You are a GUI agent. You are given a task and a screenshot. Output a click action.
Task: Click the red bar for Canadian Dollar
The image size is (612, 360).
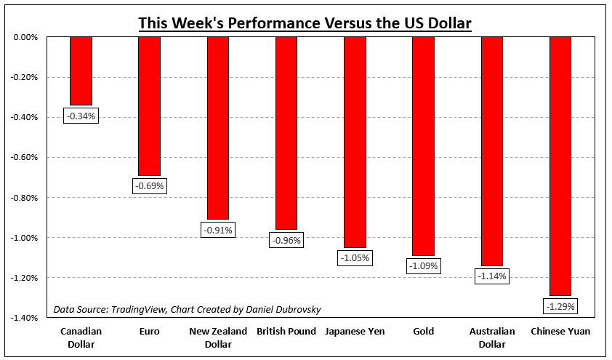pyautogui.click(x=81, y=71)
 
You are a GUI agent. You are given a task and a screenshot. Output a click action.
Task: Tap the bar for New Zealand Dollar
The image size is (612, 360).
pyautogui.click(x=218, y=127)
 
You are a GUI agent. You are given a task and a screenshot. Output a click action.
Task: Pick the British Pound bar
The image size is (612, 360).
pyautogui.click(x=286, y=132)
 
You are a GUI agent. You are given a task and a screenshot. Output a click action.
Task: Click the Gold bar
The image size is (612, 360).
pyautogui.click(x=423, y=145)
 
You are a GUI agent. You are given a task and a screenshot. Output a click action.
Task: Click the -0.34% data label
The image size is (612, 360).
pyautogui.click(x=81, y=116)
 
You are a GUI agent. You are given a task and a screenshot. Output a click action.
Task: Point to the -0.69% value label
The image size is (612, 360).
pyautogui.click(x=149, y=186)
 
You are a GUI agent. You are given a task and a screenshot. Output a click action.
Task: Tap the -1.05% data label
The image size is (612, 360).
pyautogui.click(x=355, y=257)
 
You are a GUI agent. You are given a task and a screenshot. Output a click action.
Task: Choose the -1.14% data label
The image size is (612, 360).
pyautogui.click(x=491, y=276)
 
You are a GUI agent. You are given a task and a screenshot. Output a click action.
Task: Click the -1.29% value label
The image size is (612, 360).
pyautogui.click(x=560, y=306)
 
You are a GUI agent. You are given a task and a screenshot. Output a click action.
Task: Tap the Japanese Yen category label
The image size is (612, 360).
pyautogui.click(x=355, y=332)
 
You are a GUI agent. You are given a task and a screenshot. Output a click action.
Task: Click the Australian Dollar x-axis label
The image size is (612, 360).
pyautogui.click(x=491, y=337)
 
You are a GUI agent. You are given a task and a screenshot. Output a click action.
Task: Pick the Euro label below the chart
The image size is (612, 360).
pyautogui.click(x=149, y=332)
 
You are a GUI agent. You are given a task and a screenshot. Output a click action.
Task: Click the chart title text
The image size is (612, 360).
pyautogui.click(x=305, y=23)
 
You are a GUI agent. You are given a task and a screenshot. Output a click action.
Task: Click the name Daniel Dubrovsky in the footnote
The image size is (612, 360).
pyautogui.click(x=284, y=309)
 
